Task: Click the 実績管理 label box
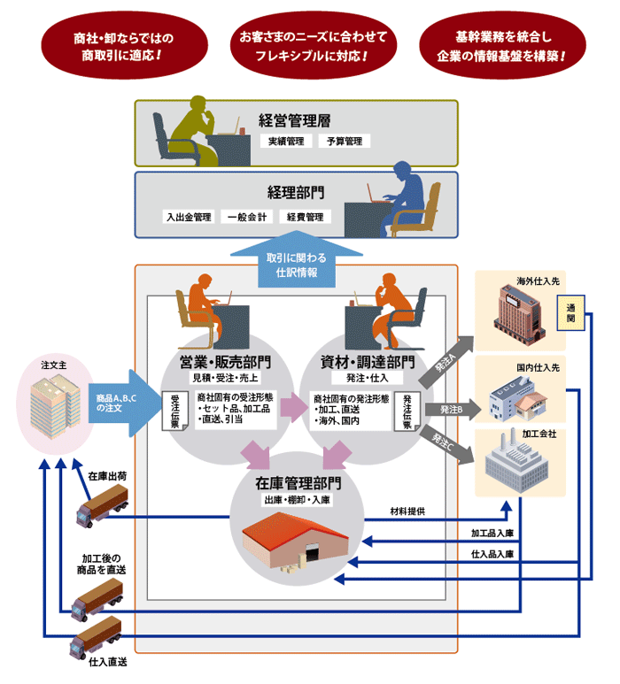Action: click(x=287, y=141)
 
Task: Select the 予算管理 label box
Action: click(x=345, y=141)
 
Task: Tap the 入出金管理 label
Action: click(x=190, y=216)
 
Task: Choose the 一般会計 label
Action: click(x=248, y=216)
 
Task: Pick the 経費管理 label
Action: click(x=304, y=216)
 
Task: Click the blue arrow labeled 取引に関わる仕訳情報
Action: click(x=297, y=263)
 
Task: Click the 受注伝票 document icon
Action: click(x=175, y=410)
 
